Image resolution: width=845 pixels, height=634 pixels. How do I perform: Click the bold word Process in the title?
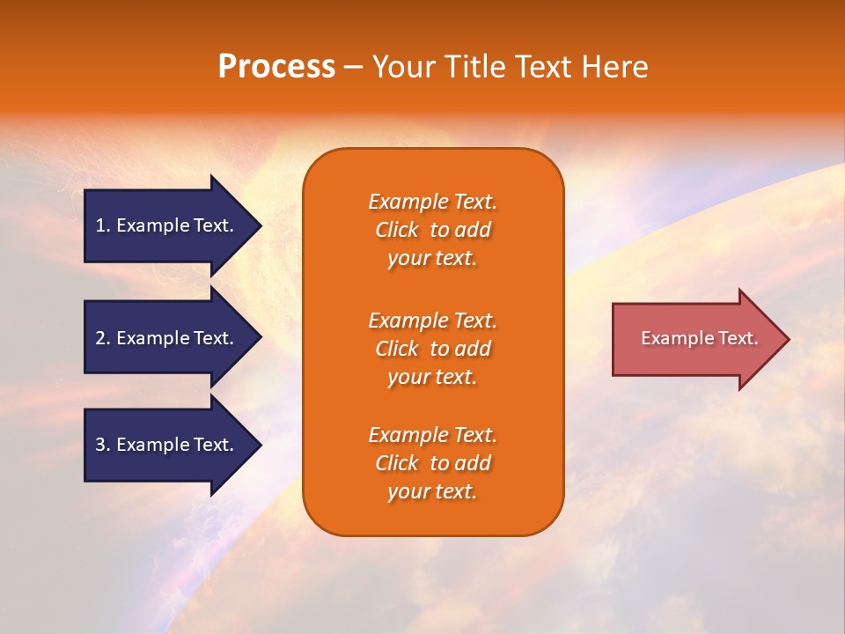276,67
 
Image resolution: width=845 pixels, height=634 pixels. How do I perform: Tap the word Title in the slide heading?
473,67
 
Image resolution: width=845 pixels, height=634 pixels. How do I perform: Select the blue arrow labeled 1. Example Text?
167,225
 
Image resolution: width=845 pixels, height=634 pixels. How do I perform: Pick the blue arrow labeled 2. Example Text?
167,338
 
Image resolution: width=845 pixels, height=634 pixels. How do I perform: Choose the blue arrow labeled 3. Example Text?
167,445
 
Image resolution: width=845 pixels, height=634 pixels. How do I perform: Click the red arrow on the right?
695,339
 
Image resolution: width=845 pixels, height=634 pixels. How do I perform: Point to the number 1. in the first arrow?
103,225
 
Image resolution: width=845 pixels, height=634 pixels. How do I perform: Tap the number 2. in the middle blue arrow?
103,338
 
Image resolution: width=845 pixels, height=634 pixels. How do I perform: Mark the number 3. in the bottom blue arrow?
103,445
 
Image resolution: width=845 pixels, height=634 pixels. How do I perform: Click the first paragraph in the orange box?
432,230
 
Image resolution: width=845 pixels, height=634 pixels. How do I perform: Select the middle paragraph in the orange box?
432,349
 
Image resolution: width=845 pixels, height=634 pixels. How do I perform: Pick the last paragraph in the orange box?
432,463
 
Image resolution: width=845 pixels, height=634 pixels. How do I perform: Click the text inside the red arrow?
699,338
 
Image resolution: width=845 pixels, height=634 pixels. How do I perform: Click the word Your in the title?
404,67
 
